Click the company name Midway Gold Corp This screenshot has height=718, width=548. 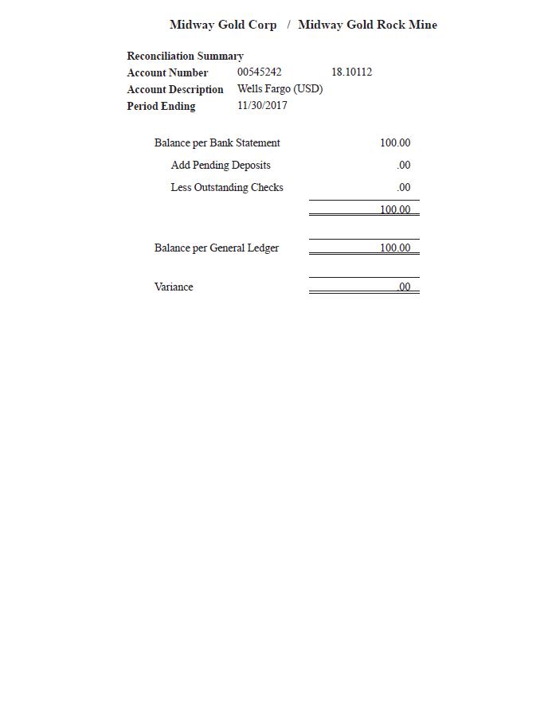223,25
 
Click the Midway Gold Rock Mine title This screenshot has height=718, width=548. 367,25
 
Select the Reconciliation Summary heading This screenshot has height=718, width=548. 185,56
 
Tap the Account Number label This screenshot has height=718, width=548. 167,72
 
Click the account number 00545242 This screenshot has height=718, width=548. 259,72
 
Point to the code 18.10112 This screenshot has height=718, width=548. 351,72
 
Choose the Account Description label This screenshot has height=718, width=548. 175,89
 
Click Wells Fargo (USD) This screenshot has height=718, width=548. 280,89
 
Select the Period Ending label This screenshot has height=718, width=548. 161,106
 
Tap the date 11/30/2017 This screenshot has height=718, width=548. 262,106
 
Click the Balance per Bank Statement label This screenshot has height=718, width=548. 217,143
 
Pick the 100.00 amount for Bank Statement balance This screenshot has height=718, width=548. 395,143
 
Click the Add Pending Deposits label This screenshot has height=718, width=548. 221,166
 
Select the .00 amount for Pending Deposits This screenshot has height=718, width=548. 404,166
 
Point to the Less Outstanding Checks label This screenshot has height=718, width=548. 227,188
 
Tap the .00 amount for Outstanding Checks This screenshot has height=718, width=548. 404,188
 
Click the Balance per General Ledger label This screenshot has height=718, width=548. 217,248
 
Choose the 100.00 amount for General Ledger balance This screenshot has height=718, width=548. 395,248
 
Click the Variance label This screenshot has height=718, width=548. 174,287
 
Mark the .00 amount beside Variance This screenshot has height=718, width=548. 404,287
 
